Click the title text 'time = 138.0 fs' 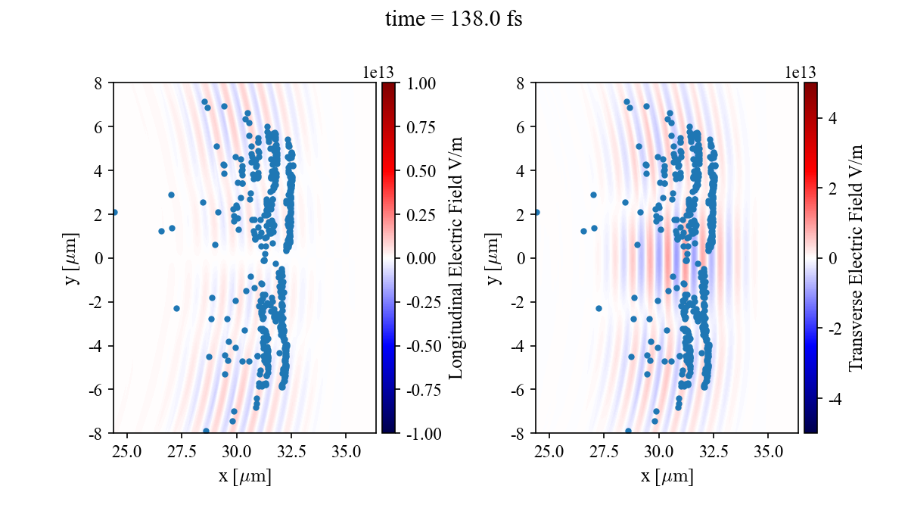click(x=453, y=20)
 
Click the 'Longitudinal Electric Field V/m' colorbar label click(x=456, y=257)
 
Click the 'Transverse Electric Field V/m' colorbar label click(x=856, y=257)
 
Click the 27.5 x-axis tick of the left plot click(x=182, y=453)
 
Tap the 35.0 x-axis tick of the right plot click(x=769, y=453)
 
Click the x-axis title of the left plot click(x=244, y=477)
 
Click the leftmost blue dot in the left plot click(x=114, y=213)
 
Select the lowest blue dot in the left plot click(x=206, y=431)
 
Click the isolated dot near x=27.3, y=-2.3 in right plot click(x=599, y=308)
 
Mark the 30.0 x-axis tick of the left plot click(x=237, y=453)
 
